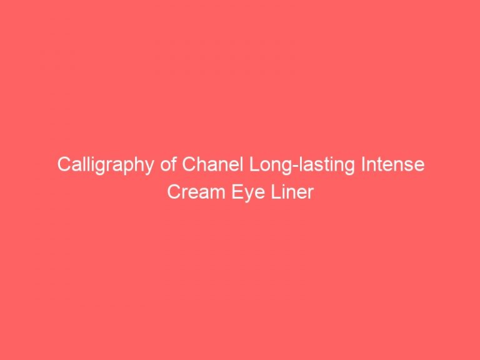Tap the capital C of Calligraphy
click(x=64, y=166)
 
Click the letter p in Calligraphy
click(x=122, y=168)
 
